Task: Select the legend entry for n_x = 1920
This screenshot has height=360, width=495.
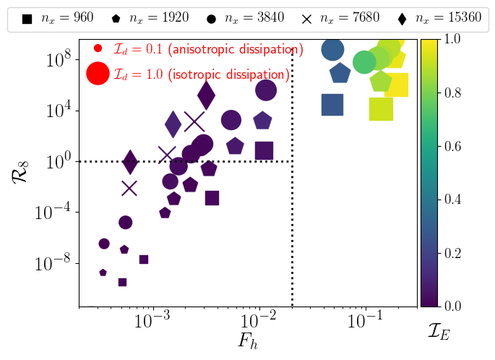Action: [x=155, y=18]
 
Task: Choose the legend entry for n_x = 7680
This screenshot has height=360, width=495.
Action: [x=345, y=18]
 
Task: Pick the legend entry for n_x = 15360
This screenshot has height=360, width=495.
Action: [x=442, y=18]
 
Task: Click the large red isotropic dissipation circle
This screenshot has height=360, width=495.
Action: [x=98, y=74]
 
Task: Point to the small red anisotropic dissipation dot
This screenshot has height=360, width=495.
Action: [x=98, y=49]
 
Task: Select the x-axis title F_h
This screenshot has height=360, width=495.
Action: [x=249, y=340]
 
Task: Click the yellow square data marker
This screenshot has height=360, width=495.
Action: [x=397, y=85]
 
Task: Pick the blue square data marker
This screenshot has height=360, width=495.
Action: [x=332, y=105]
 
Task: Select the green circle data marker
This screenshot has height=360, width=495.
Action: [x=365, y=63]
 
